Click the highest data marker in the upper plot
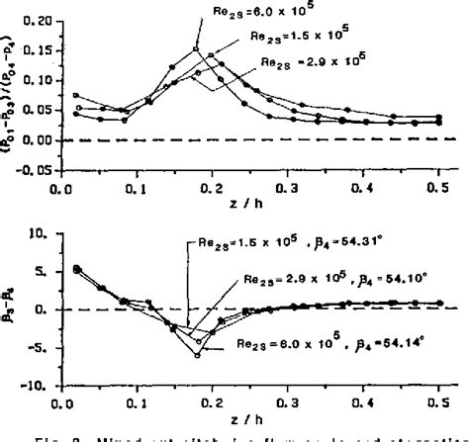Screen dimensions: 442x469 197,48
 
